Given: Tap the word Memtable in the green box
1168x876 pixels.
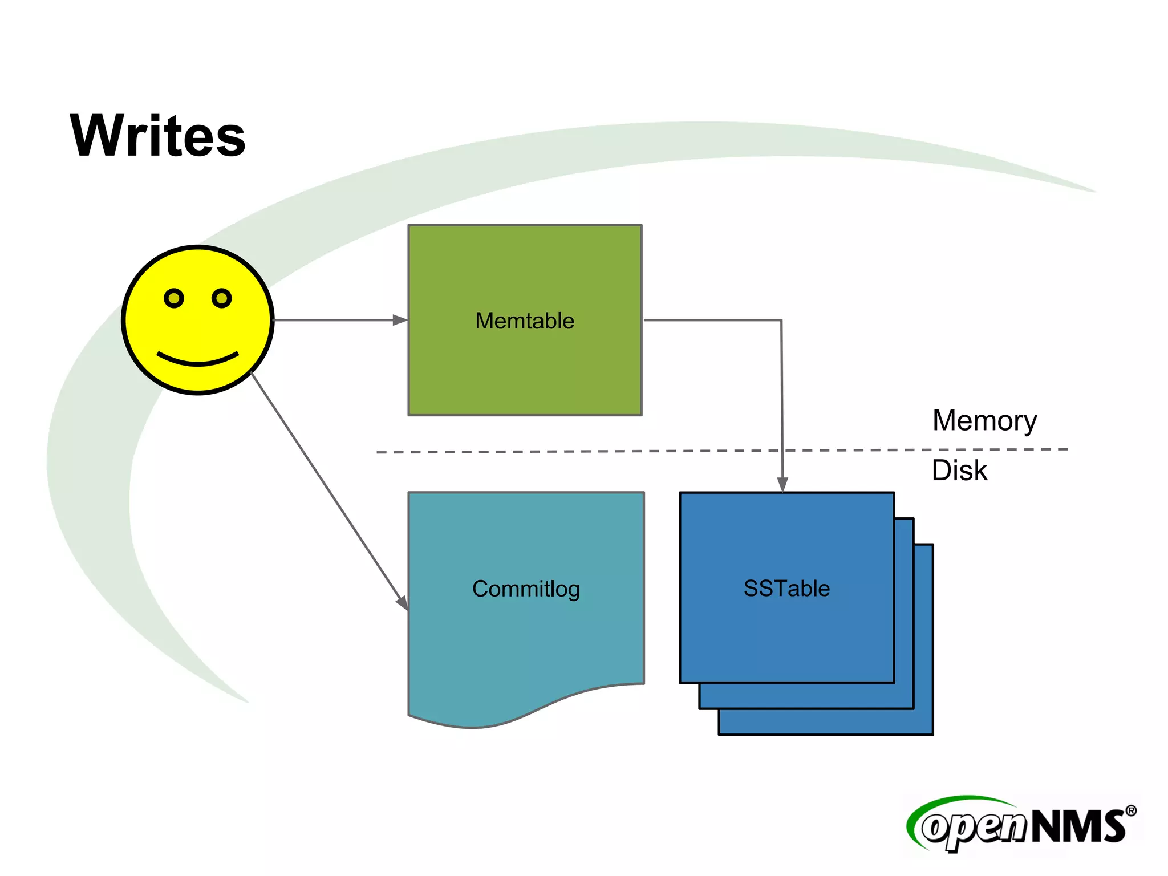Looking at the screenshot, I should coord(525,321).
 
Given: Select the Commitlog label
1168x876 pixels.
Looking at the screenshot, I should coord(526,589).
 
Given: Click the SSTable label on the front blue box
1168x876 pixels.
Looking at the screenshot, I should coord(786,588).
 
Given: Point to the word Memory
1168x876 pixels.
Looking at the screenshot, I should coord(984,421).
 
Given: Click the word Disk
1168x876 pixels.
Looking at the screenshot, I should coord(959,471).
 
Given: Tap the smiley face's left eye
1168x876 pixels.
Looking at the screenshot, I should coord(174,298).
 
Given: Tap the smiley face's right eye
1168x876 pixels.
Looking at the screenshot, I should coord(221,298).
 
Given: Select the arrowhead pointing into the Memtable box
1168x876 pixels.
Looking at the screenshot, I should coord(400,321).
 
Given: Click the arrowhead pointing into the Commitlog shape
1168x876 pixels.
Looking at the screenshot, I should coord(403,602).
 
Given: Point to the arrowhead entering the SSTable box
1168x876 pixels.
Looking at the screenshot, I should coord(782,484).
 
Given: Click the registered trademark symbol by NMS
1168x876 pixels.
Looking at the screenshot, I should coord(1130,811).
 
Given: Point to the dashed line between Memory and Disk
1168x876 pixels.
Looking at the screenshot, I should coord(570,452).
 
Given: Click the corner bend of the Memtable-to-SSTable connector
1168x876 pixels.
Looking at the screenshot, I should coord(781,321).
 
